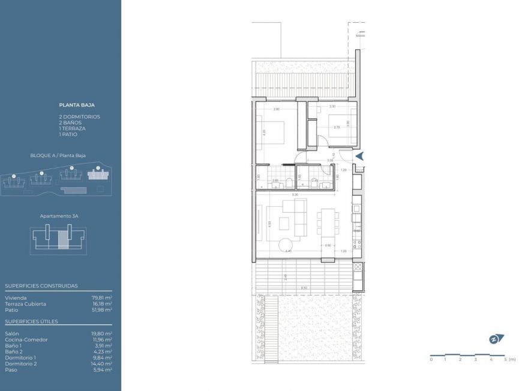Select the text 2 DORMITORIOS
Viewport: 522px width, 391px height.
click(x=79, y=116)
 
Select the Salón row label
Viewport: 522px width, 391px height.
click(x=11, y=333)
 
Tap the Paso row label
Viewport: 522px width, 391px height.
click(x=10, y=369)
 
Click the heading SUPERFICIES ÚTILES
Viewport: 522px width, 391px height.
click(x=31, y=321)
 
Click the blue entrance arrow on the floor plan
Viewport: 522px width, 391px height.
click(x=359, y=156)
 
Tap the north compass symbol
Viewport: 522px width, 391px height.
click(x=496, y=339)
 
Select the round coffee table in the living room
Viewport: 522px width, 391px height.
click(x=284, y=245)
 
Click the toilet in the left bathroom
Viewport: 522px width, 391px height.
click(x=288, y=184)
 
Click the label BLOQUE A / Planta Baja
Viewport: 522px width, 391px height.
click(x=58, y=155)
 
